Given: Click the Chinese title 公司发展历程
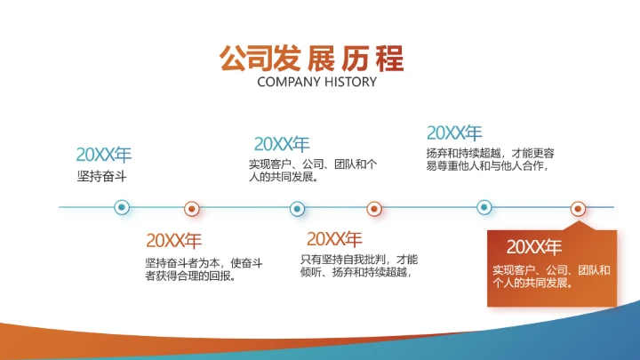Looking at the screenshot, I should [x=312, y=58].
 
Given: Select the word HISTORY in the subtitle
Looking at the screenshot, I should [x=348, y=82].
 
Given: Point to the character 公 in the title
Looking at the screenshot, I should [x=233, y=58].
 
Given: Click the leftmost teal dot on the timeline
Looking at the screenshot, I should [x=123, y=208].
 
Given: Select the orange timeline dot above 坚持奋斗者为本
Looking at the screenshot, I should [x=191, y=209].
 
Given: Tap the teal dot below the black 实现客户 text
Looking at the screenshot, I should [x=297, y=209].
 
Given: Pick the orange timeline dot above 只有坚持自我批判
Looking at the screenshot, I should [x=374, y=209].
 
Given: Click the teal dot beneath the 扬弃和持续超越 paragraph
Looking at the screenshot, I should [x=484, y=208].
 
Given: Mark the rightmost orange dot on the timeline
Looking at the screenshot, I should [x=578, y=209].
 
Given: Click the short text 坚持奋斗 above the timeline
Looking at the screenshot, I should [x=102, y=176].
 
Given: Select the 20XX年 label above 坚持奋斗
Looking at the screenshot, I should [x=103, y=154].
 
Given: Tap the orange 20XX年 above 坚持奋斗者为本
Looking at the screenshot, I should [x=173, y=240].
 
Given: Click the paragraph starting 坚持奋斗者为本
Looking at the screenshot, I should [x=204, y=269].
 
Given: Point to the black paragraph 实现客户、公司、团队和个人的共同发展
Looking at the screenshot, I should [x=313, y=170].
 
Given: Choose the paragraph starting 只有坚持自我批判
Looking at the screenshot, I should [x=358, y=266].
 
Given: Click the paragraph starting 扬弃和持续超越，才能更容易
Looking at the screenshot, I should [x=490, y=158].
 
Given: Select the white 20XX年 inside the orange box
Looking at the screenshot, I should [x=533, y=247].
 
